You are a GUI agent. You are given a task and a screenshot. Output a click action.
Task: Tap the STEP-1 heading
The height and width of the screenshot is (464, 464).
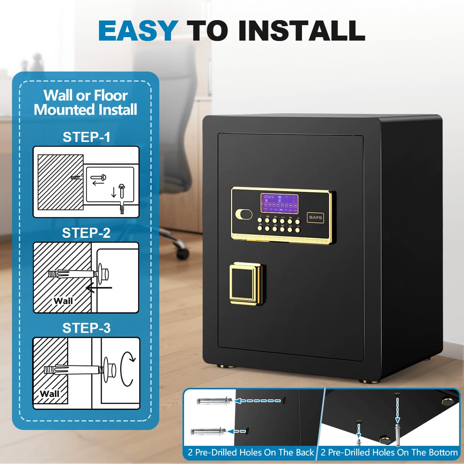[86, 137]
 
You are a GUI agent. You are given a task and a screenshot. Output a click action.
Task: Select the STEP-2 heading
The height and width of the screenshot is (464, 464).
[86, 233]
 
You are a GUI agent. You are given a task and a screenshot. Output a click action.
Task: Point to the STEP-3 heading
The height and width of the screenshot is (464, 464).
[86, 328]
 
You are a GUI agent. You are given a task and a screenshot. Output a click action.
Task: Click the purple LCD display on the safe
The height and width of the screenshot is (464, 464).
[279, 203]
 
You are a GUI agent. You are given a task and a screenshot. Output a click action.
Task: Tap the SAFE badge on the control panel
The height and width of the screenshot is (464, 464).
[316, 217]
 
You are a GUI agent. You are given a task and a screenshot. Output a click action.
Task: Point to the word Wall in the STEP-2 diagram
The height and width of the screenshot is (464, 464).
[63, 301]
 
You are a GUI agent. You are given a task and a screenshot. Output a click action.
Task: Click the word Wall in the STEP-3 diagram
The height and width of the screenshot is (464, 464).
[49, 394]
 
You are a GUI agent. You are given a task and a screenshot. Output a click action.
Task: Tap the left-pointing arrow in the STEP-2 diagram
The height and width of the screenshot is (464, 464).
[99, 288]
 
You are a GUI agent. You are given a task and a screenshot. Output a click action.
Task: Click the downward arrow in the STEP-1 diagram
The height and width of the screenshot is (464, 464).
[114, 192]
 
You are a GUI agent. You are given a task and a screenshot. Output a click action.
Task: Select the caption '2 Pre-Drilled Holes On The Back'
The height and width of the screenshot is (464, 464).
[251, 452]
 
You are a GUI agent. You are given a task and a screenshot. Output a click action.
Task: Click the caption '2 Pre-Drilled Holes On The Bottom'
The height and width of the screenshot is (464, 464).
[389, 452]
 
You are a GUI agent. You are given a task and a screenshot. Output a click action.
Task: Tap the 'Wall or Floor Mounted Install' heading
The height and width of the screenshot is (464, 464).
[85, 102]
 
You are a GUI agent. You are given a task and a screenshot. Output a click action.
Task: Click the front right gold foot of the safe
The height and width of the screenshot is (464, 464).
[368, 381]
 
